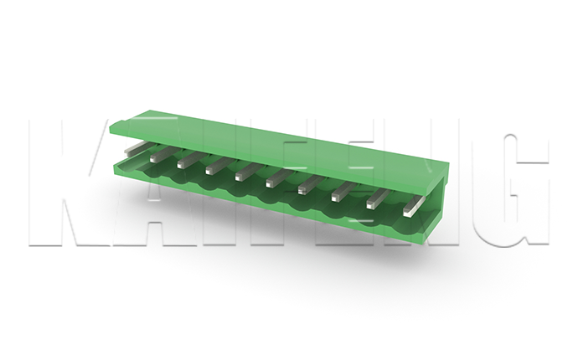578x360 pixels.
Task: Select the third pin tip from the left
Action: coord(182,164)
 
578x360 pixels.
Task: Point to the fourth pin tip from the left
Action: coord(210,170)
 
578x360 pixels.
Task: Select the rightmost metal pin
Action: coord(414,206)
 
